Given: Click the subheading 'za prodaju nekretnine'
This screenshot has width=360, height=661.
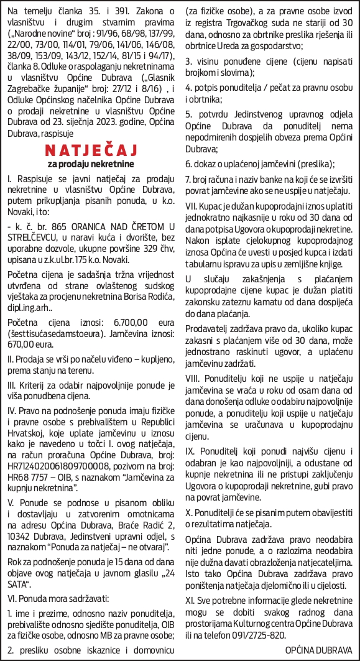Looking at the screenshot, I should click(91, 165).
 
